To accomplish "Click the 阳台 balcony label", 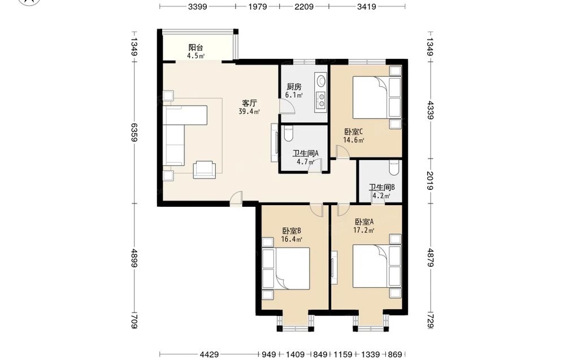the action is click(195, 47).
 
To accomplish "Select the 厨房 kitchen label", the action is click(294, 86).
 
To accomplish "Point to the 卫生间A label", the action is click(305, 153).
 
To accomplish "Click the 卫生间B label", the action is click(381, 188).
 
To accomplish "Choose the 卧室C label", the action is click(354, 132).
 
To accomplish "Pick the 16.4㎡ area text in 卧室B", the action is click(292, 239).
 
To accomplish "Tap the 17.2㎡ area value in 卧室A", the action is click(363, 230).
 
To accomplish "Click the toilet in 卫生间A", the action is click(289, 133).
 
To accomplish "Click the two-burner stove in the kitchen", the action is click(320, 101).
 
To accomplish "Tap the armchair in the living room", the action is click(205, 170).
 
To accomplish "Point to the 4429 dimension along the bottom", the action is click(209, 354).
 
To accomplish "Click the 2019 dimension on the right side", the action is click(430, 180).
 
